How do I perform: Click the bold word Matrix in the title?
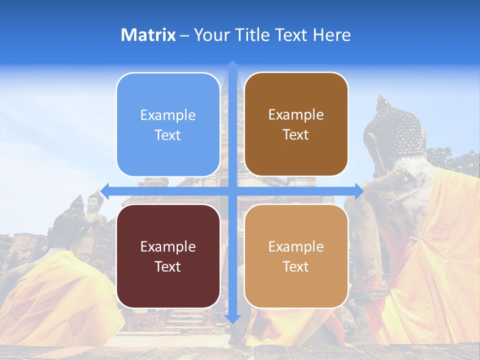point(148,35)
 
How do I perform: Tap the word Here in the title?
point(331,35)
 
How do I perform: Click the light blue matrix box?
point(168,124)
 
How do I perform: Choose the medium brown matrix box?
point(296,124)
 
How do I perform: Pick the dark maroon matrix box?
point(168,256)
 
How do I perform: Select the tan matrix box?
point(296,256)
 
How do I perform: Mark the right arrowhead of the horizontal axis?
point(358,190)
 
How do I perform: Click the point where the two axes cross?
point(232,190)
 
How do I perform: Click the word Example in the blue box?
point(168,115)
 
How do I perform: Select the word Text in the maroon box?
point(168,266)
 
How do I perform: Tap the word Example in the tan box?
point(296,246)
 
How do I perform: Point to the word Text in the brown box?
point(296,135)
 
